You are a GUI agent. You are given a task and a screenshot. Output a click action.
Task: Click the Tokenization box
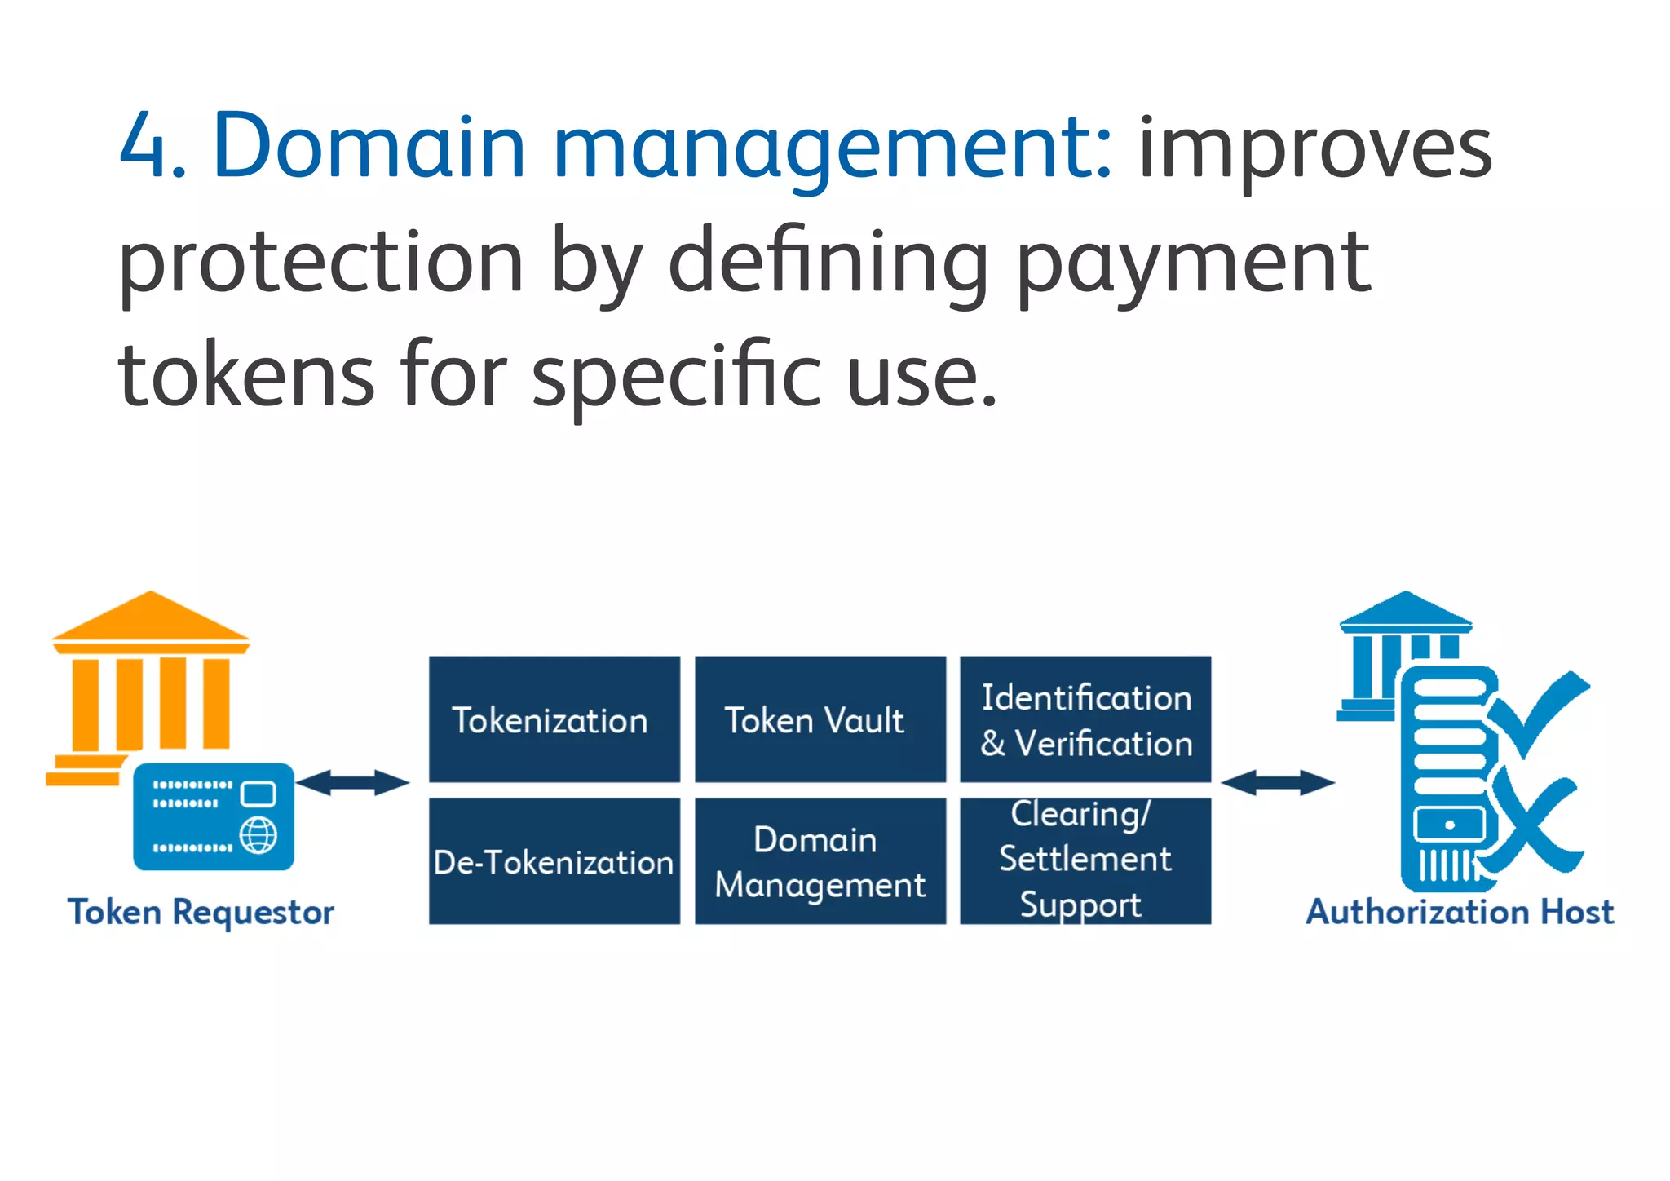pos(554,719)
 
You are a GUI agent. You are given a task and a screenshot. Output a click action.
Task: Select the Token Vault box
pos(820,719)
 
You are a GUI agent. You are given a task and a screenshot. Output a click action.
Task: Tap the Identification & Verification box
pos(1085,719)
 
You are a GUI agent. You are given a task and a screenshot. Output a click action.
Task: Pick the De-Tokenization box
pos(554,860)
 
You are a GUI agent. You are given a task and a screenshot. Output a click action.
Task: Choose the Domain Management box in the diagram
pos(820,860)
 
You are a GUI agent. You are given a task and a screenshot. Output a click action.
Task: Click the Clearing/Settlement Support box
pos(1085,860)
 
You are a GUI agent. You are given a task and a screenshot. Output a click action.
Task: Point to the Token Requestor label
pos(201,912)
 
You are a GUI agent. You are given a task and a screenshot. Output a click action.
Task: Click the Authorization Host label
pos(1460,912)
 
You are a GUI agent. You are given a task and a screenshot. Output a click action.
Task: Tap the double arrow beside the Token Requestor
pos(352,782)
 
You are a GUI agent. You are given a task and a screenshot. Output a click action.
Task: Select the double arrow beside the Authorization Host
pos(1277,782)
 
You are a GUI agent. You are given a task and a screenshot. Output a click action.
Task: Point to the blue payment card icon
pos(214,816)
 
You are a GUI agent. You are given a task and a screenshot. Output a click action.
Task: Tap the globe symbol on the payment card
pos(258,835)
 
